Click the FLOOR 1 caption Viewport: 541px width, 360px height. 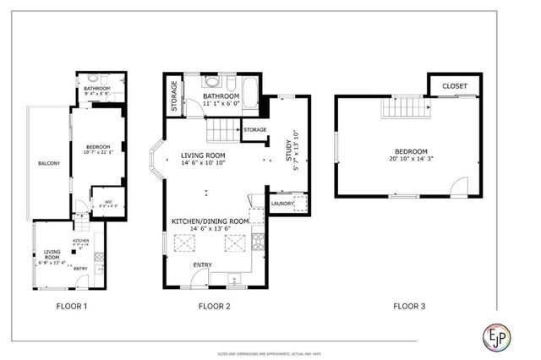pyautogui.click(x=72, y=306)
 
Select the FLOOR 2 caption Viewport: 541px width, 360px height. pyautogui.click(x=216, y=306)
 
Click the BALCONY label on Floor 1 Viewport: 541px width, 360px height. pyautogui.click(x=48, y=163)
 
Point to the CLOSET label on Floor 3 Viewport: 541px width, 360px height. pyautogui.click(x=456, y=85)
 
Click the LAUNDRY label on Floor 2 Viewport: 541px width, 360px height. pyautogui.click(x=282, y=203)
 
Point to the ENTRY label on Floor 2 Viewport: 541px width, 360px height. pyautogui.click(x=203, y=265)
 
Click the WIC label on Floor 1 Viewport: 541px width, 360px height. pyautogui.click(x=109, y=201)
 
